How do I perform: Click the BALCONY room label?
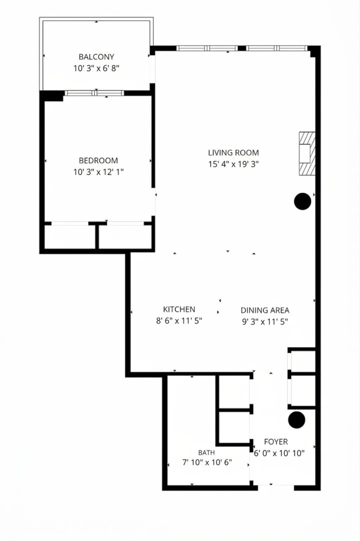(96, 57)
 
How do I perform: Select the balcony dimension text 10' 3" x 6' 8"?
(96, 68)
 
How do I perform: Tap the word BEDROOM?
(98, 160)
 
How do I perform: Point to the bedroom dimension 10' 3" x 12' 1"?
(98, 172)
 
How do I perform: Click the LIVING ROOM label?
(233, 152)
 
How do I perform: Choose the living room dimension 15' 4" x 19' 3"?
(233, 164)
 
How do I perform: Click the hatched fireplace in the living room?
(307, 154)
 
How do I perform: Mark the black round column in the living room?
(303, 201)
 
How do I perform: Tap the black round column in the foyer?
(296, 420)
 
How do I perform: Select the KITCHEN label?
(179, 309)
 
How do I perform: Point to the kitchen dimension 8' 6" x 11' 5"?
(179, 321)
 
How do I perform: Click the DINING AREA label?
(265, 310)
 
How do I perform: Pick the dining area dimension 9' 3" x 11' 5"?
(265, 322)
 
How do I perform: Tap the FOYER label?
(276, 442)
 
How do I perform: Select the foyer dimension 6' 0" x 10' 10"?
(279, 453)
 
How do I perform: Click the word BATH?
(207, 453)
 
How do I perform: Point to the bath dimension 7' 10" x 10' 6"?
(207, 462)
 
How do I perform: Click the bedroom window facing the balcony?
(94, 93)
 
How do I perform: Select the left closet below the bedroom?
(70, 236)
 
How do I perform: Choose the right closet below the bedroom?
(125, 236)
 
